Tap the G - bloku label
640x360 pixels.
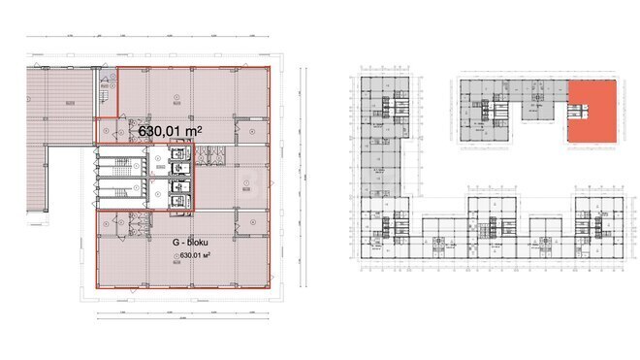click(193, 242)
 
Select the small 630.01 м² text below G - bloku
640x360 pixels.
click(192, 256)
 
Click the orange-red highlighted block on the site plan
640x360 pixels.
click(591, 113)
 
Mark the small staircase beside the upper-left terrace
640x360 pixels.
click(102, 87)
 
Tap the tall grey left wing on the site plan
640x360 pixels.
click(381, 146)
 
